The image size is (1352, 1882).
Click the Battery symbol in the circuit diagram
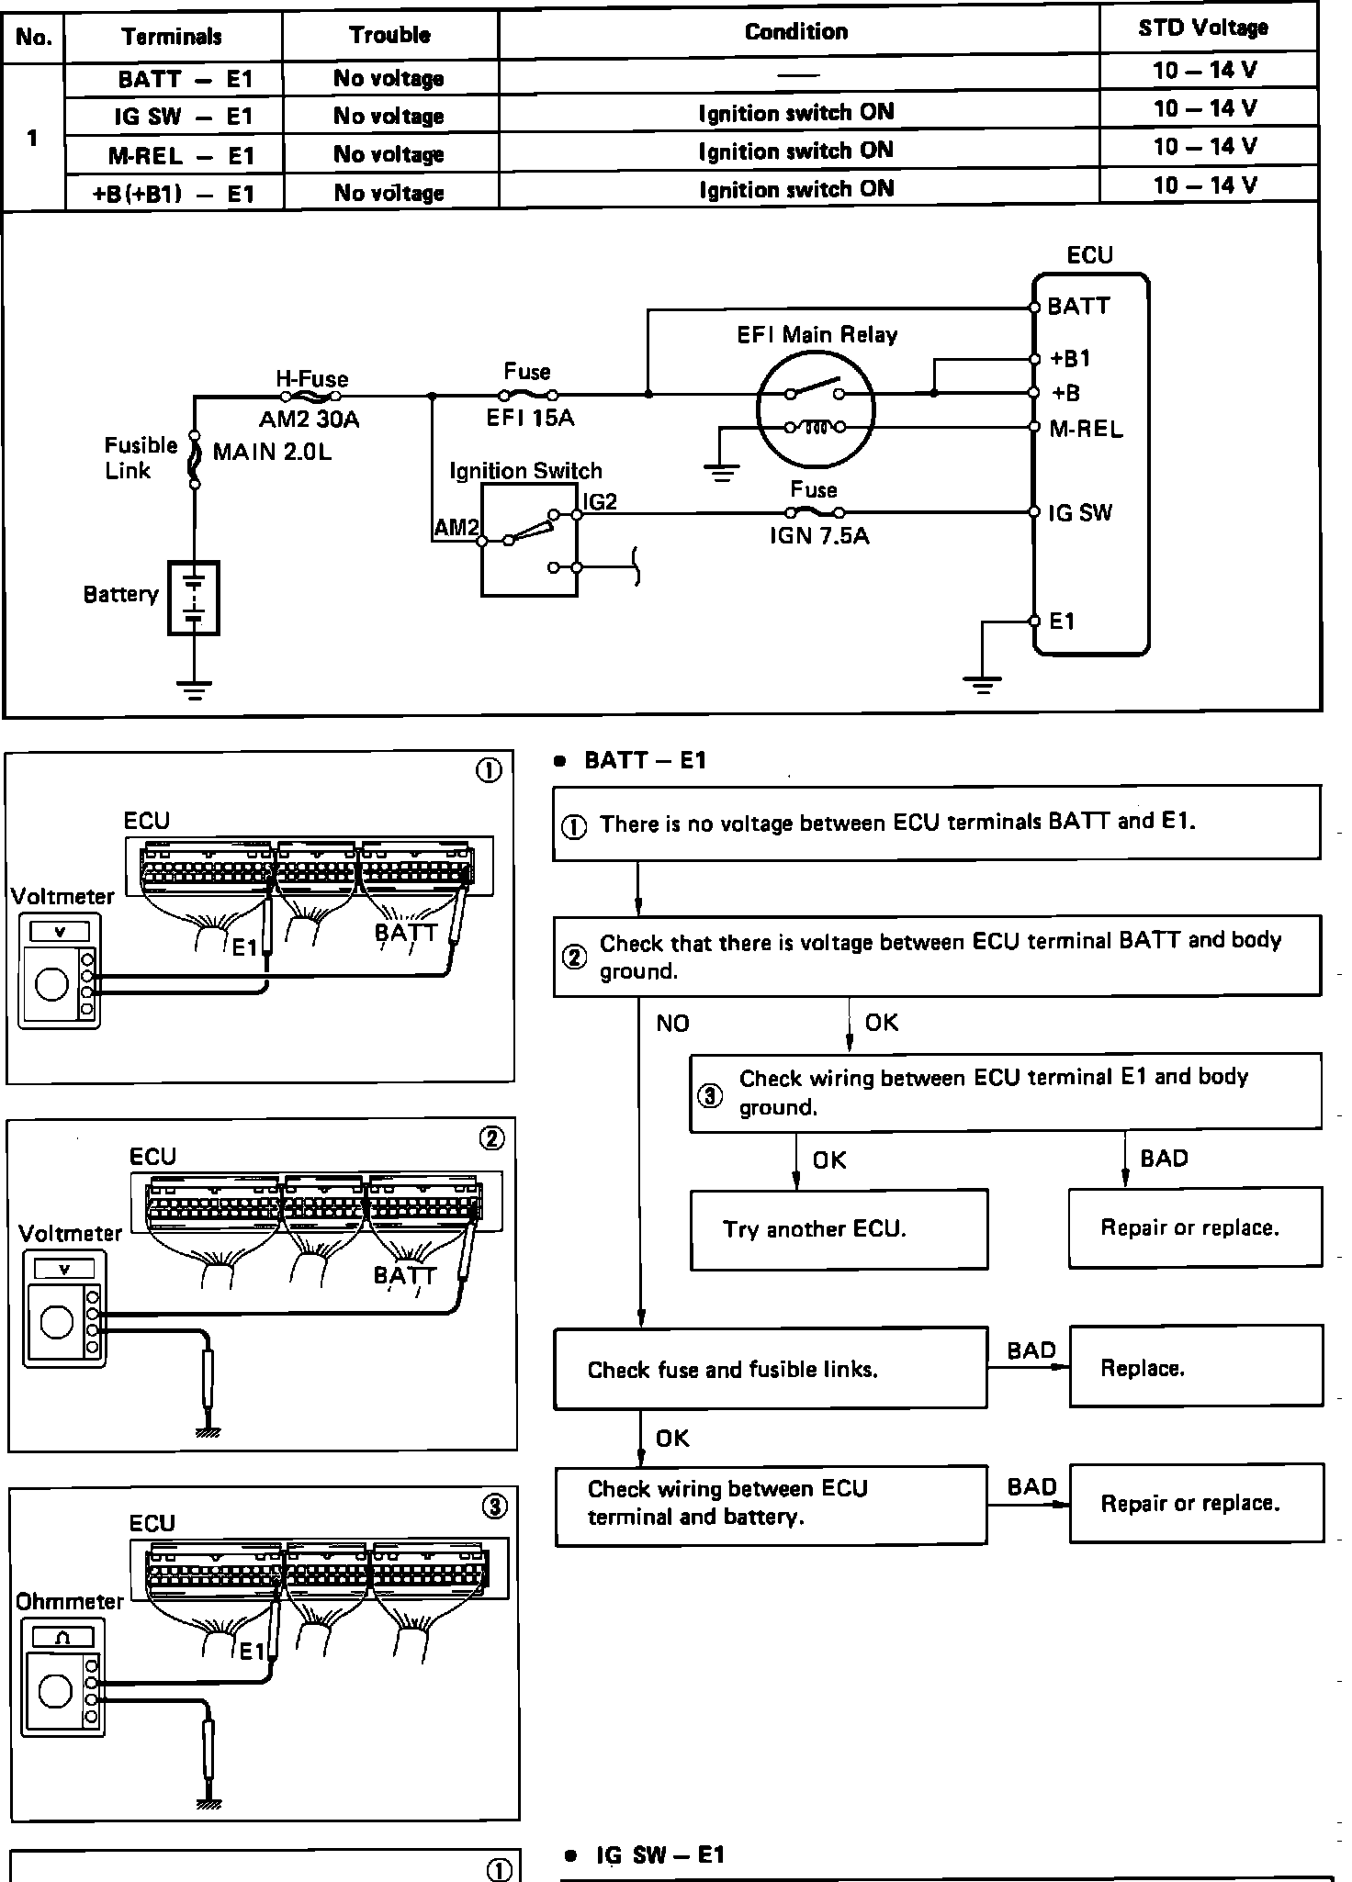194,597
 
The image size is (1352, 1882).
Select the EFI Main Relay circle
815,409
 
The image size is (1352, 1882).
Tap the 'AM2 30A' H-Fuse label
309,420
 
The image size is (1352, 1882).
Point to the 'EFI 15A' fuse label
530,419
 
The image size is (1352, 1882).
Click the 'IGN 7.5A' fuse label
818,534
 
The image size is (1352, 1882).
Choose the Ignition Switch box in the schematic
529,542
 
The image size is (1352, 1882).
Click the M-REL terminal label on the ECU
1086,429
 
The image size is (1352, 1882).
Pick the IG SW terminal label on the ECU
1080,513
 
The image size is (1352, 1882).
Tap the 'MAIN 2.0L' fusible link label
272,452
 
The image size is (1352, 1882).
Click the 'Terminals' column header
172,37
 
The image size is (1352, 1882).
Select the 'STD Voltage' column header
1203,28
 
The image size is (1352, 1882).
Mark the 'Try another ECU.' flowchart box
839,1229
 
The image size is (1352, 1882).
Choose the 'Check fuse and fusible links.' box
770,1370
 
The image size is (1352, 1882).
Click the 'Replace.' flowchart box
1195,1369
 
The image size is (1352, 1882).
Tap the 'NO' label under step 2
672,1024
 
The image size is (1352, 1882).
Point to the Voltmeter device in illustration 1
57,972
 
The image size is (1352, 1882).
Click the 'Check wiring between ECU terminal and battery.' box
770,1503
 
